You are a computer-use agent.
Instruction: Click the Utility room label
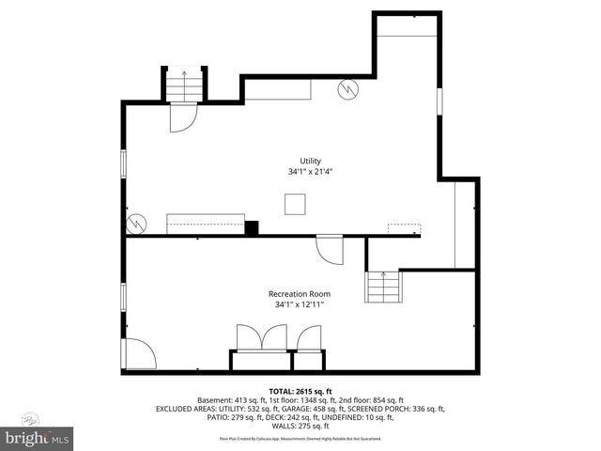(310, 161)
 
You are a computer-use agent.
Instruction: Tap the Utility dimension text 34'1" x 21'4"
(310, 173)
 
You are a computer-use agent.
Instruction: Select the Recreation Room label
(300, 294)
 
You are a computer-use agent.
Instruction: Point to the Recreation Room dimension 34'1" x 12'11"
(300, 305)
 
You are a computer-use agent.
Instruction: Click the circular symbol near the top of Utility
(348, 89)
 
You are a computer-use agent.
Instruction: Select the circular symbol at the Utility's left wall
(137, 224)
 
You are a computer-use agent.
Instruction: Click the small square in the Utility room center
(297, 204)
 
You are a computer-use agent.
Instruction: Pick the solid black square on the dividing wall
(251, 227)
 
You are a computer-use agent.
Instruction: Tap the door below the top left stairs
(182, 117)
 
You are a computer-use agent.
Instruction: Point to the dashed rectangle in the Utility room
(405, 228)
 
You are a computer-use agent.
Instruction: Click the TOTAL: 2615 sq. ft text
(300, 391)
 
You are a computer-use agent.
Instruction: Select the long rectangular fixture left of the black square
(205, 225)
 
